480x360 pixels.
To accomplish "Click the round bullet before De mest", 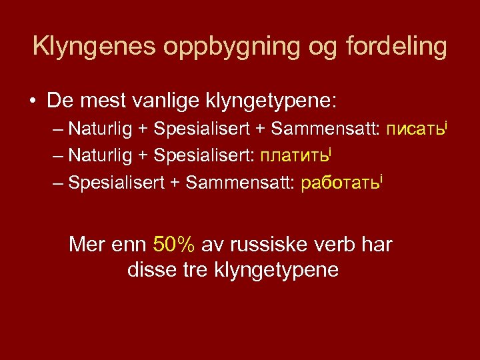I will pyautogui.click(x=33, y=102).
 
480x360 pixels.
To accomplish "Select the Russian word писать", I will pyautogui.click(x=413, y=129).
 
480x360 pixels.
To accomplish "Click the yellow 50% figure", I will pyautogui.click(x=174, y=245).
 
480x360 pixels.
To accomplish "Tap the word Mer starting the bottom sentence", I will pyautogui.click(x=87, y=245).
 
